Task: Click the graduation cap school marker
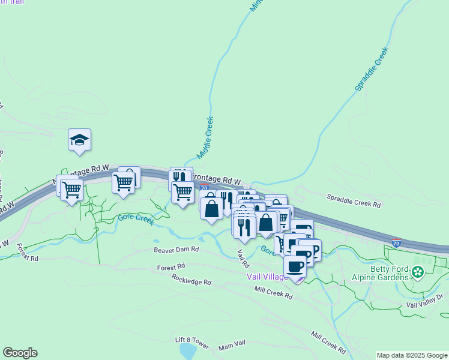click(x=79, y=140)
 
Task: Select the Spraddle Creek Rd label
click(x=354, y=200)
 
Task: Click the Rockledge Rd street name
click(x=191, y=280)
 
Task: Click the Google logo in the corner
click(x=20, y=353)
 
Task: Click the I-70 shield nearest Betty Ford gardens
click(x=396, y=242)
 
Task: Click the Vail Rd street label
click(x=243, y=259)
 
